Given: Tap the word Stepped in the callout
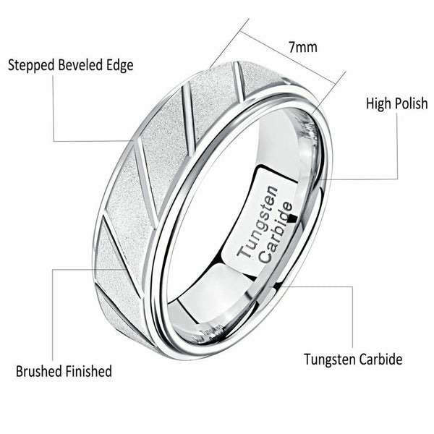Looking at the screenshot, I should (30, 65).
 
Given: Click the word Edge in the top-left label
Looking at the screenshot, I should (120, 65).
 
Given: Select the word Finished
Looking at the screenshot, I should (88, 372).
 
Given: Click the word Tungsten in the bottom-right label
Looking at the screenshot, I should (328, 359).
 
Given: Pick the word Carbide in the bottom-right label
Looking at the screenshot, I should (381, 359).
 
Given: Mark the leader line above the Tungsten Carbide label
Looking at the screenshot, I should (352, 318).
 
